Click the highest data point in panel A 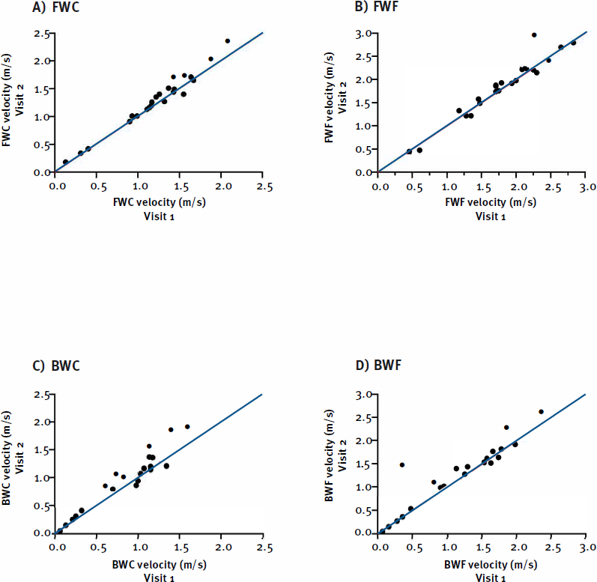coord(228,41)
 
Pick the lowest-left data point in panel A coord(65,162)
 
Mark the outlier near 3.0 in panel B coord(534,34)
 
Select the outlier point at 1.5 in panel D coord(401,465)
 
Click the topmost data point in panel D coord(541,411)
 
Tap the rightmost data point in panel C coord(187,427)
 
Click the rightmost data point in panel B coord(574,43)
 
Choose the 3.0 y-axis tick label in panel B coord(363,34)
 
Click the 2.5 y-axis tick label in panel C coord(41,395)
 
